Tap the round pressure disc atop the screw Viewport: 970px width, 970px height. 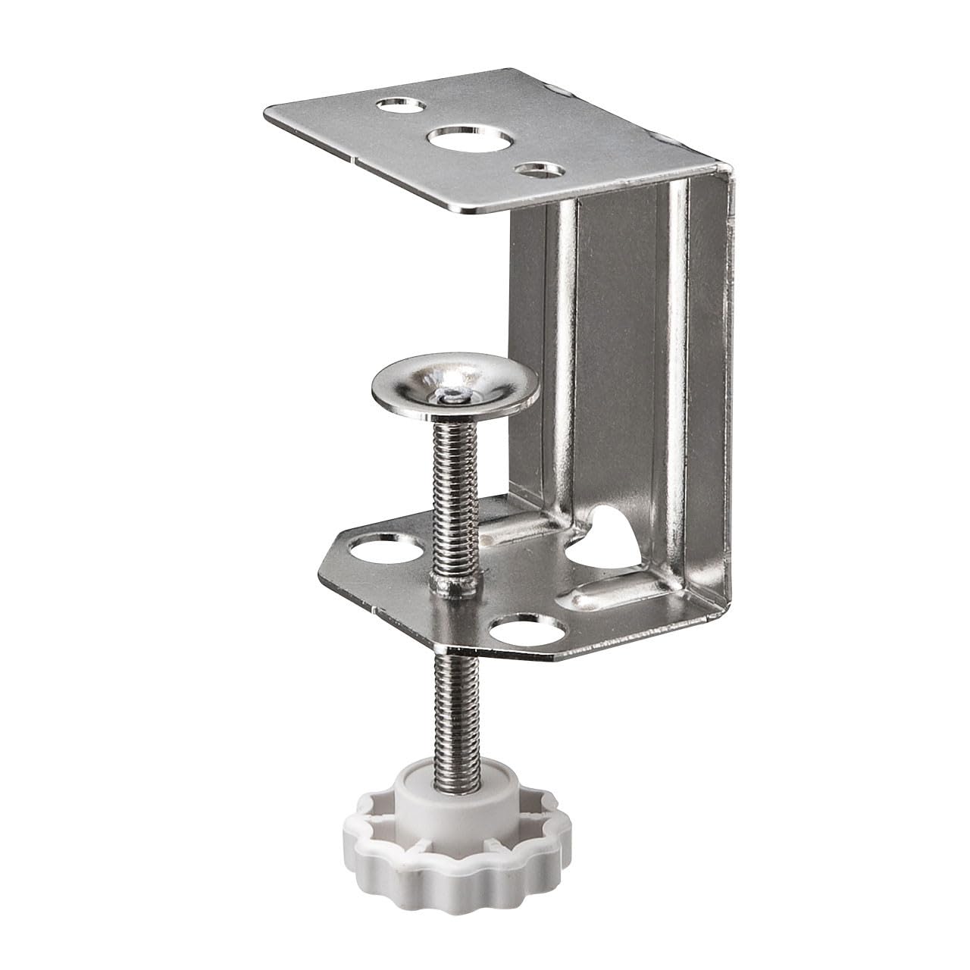(455, 387)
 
